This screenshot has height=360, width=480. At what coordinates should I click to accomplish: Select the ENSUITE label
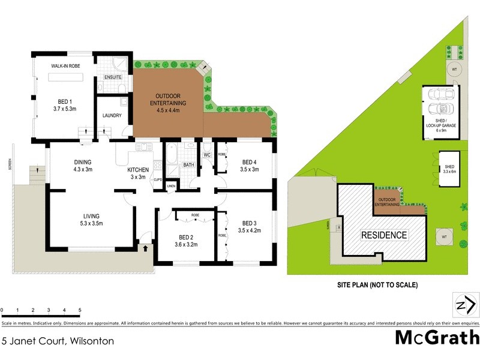coord(113,77)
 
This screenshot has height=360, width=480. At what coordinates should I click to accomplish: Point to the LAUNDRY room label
coord(112,116)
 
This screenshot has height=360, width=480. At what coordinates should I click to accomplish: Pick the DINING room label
coord(82,166)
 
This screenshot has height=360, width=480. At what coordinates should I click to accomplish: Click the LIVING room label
coord(91,220)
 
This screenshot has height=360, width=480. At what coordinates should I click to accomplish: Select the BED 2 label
coord(185,240)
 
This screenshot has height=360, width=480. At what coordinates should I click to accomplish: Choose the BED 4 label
coord(250,166)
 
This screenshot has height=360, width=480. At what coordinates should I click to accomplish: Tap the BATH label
coord(188,165)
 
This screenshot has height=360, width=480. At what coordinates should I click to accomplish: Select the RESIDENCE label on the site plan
coord(383,235)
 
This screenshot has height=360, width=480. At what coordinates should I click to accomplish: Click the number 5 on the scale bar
coord(80,310)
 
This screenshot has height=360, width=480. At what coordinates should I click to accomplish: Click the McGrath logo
coord(436,337)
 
